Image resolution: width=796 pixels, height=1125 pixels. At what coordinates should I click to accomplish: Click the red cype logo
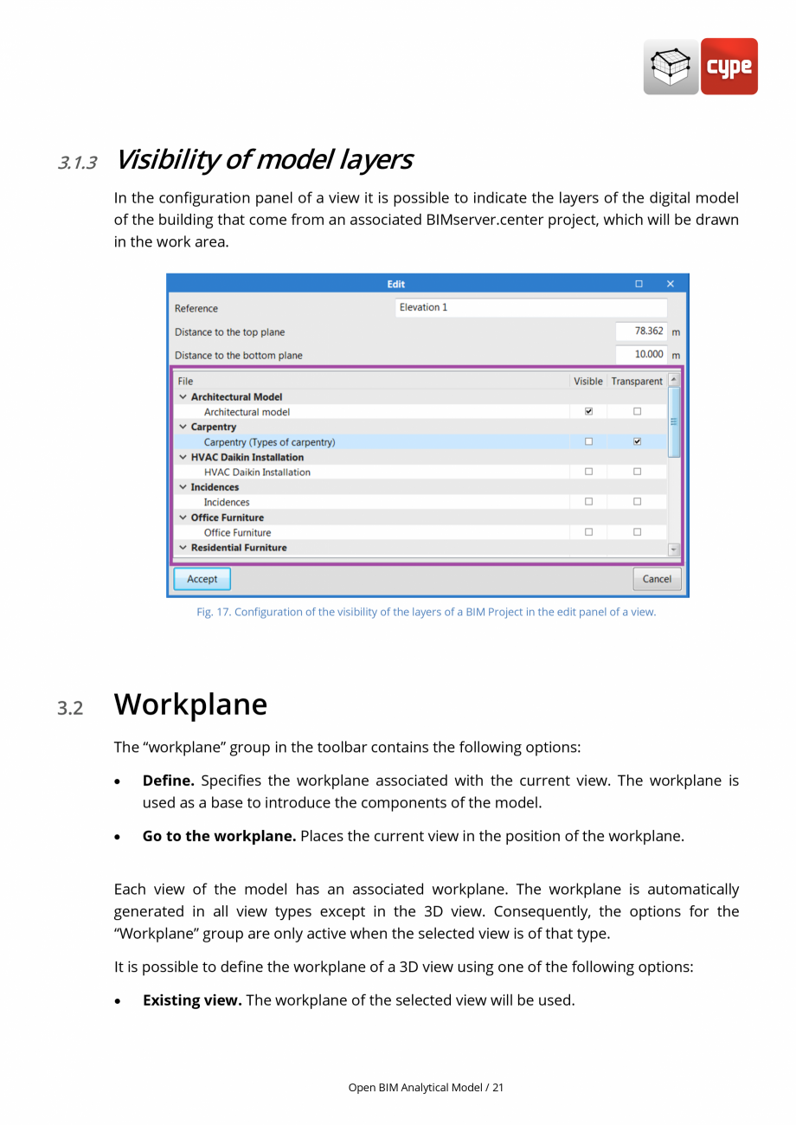(729, 67)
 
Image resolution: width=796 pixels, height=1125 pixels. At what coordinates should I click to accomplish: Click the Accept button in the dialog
(202, 579)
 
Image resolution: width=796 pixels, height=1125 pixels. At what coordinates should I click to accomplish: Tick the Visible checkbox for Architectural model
(588, 412)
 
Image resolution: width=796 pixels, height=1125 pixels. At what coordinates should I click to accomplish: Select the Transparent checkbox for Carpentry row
(637, 441)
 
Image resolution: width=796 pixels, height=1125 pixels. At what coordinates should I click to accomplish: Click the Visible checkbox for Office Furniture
(588, 532)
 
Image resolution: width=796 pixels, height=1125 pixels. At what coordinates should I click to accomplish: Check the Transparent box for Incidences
(637, 502)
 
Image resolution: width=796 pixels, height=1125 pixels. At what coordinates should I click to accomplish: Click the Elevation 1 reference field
(531, 308)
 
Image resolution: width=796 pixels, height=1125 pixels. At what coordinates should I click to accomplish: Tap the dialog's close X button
(670, 284)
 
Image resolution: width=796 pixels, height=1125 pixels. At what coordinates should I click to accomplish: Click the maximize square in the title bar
(639, 284)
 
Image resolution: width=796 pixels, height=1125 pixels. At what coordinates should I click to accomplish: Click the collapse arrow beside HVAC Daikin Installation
(183, 457)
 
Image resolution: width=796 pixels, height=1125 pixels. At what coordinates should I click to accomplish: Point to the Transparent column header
(637, 381)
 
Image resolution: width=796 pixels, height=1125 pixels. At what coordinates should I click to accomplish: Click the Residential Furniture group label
(239, 548)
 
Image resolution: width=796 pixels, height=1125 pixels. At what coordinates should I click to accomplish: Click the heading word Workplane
(190, 704)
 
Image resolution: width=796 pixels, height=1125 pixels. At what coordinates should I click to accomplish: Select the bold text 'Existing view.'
(192, 1000)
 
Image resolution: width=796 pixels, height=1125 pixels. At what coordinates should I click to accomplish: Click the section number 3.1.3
(77, 163)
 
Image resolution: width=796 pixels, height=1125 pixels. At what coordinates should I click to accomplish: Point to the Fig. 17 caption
(426, 612)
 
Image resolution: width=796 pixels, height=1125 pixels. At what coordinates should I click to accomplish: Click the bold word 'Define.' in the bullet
(168, 781)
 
